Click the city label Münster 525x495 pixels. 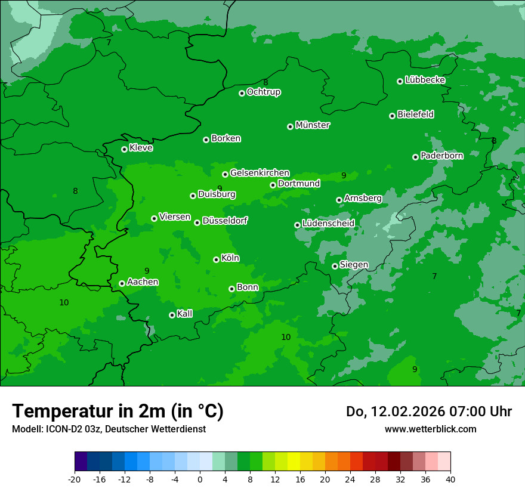point(313,125)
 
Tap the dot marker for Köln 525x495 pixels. point(216,259)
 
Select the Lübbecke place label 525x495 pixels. point(425,80)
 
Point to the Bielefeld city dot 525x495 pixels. point(393,116)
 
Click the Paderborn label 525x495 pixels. point(441,156)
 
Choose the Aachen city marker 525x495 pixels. point(122,283)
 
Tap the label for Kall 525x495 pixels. point(184,314)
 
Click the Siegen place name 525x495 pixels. point(354,265)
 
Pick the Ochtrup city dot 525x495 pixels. point(242,93)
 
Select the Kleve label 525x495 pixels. point(141,148)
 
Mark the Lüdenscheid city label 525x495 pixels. point(328,224)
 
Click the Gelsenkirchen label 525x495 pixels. point(260,173)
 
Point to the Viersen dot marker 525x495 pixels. point(154,218)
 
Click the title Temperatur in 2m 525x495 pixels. point(118,412)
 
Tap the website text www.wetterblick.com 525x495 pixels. point(430,429)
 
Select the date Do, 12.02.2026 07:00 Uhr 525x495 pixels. point(428,412)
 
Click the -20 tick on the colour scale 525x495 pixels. point(75,479)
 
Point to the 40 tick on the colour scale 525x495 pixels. point(450,479)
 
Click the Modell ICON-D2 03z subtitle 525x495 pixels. point(109,429)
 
